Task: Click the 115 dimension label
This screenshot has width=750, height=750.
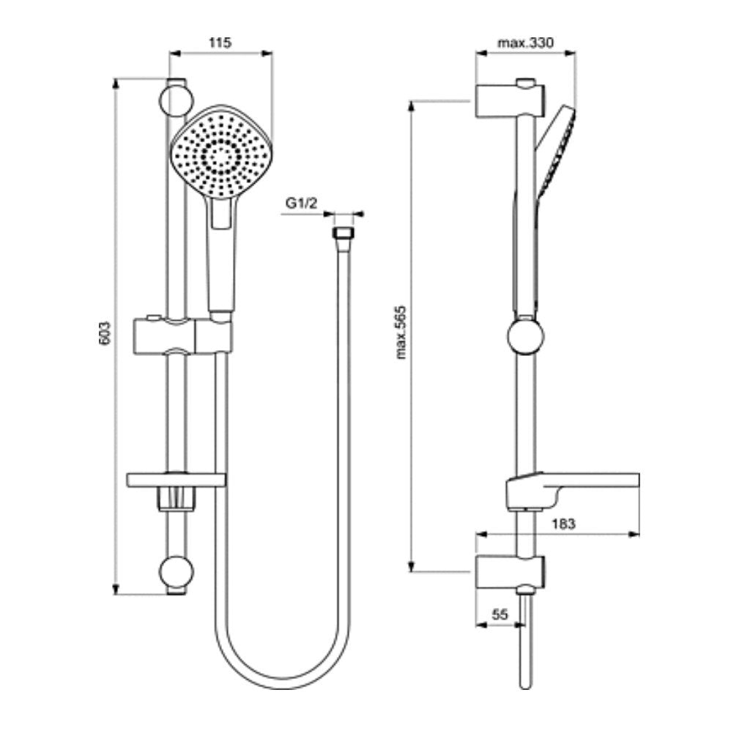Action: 220,42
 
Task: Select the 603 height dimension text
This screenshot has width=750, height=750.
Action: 105,333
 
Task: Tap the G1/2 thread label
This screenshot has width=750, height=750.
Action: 301,204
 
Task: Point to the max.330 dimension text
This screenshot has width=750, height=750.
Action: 526,42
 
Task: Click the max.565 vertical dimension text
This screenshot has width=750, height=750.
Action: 401,333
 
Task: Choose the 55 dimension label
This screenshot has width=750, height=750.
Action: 500,614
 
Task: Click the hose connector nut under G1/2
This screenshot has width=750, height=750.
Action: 342,233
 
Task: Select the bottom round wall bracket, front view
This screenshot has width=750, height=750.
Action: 176,572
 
